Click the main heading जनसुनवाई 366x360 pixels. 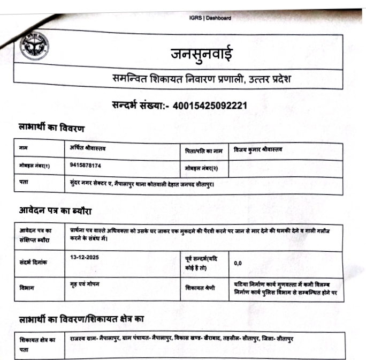201,54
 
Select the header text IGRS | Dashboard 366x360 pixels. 210,18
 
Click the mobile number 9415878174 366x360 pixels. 86,166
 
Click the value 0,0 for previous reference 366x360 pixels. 239,263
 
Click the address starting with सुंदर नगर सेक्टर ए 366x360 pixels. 142,184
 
